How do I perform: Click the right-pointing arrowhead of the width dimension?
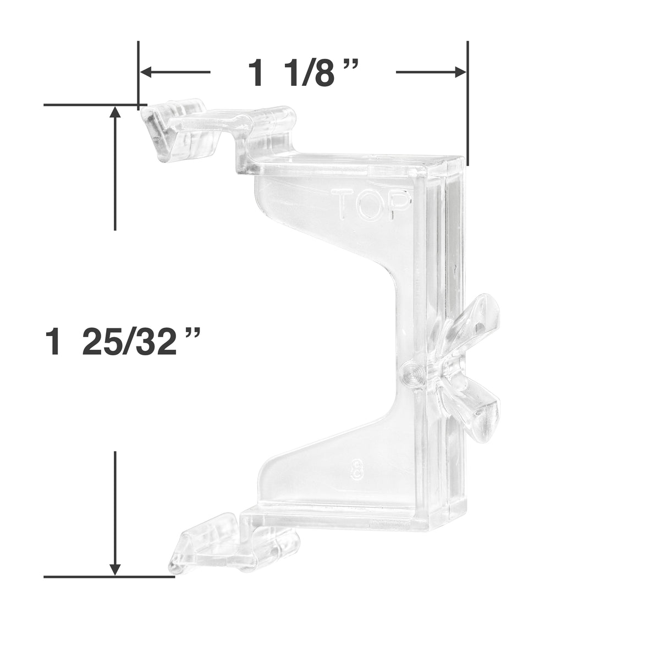(x=461, y=72)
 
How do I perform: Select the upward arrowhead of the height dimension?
(x=115, y=113)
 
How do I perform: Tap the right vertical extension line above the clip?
(x=468, y=102)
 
